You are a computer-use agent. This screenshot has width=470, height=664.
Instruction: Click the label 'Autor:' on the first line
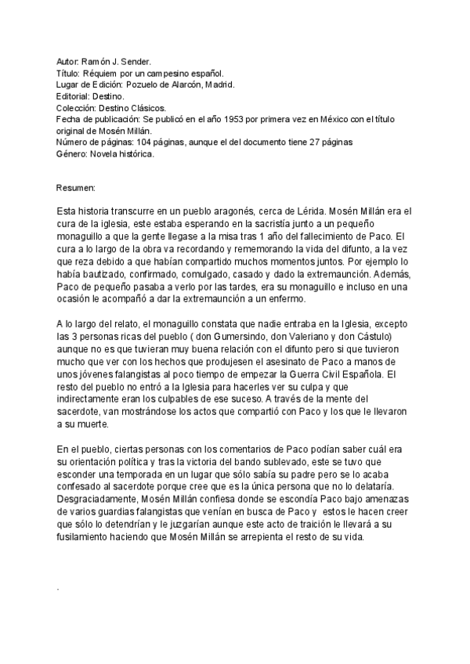pyautogui.click(x=68, y=60)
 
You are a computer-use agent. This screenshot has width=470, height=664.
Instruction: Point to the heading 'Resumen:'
pyautogui.click(x=76, y=189)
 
